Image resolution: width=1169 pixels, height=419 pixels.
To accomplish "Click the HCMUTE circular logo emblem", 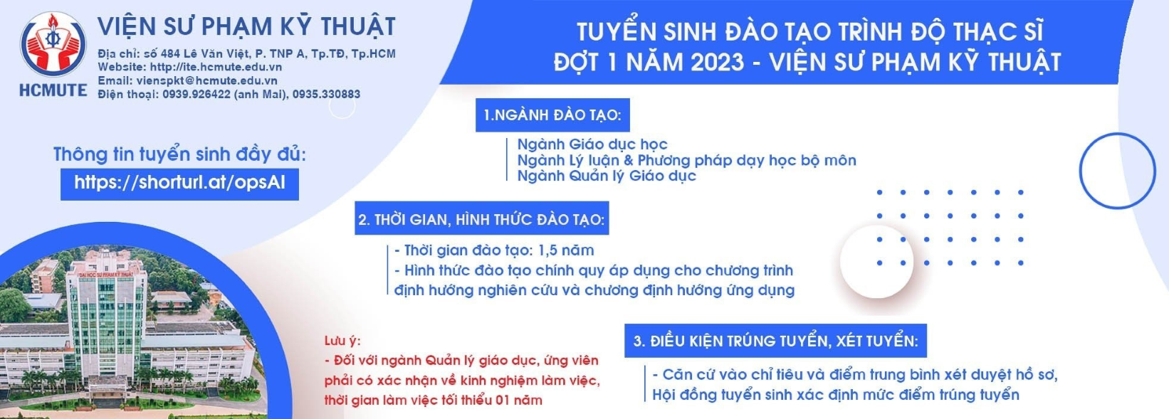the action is tap(53, 45).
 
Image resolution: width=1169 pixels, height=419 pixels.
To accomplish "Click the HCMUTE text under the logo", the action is tap(53, 90).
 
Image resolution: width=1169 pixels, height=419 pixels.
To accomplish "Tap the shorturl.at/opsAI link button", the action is tap(179, 184).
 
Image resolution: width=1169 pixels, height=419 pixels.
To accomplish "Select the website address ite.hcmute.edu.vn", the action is tap(216, 68).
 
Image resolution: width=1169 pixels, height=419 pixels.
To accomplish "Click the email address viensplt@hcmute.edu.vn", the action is tap(206, 81).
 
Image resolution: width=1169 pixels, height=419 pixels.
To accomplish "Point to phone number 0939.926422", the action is tap(196, 95).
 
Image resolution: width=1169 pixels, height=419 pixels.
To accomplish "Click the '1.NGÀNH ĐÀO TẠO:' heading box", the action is tap(552, 115).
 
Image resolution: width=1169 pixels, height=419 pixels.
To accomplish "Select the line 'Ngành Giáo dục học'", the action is tap(592, 144).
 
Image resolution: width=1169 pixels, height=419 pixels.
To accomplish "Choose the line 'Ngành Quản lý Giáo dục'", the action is tap(607, 176).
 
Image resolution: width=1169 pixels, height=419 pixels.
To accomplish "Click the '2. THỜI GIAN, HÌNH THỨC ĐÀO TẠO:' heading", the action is tap(482, 218).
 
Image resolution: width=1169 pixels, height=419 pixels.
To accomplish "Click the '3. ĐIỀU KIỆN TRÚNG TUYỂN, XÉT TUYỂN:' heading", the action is tap(775, 341).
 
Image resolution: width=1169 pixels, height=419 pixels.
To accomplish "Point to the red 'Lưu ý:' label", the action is tap(342, 341).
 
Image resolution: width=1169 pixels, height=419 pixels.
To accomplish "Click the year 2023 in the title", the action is tap(718, 62).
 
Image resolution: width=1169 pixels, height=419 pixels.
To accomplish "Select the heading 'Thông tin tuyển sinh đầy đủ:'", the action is tap(179, 154).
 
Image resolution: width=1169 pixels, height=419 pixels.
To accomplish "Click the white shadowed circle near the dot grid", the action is tap(877, 262).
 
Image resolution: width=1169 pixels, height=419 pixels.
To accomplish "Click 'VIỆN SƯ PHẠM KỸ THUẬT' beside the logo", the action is tap(247, 26).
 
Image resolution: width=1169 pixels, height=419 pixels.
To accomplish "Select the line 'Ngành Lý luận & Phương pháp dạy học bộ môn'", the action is tap(687, 160).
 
